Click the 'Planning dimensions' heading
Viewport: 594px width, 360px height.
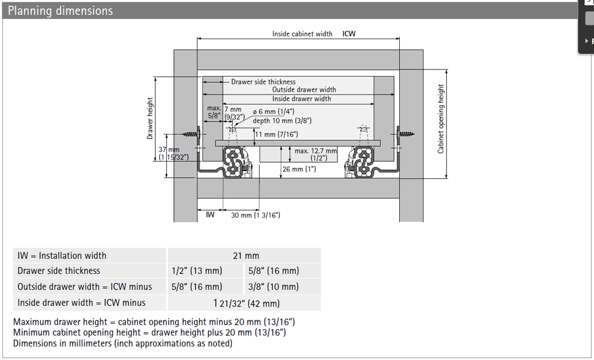[x=61, y=11]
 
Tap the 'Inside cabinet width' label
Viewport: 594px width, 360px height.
[x=302, y=34]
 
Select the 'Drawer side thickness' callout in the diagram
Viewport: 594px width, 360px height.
[x=263, y=82]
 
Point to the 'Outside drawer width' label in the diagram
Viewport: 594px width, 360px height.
[x=304, y=90]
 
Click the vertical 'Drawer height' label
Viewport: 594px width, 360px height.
[x=150, y=118]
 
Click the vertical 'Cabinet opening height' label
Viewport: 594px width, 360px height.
[x=441, y=119]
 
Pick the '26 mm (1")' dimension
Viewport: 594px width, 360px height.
[x=299, y=169]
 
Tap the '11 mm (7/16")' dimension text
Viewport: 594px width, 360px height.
[x=277, y=134]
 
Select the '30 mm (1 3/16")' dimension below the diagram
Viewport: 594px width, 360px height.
[x=255, y=215]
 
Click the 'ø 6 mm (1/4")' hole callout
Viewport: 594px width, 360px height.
[x=274, y=112]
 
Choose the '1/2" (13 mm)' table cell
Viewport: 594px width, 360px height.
[x=197, y=271]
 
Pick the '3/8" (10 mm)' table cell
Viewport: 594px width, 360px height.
[x=273, y=286]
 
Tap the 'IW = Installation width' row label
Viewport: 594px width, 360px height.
[x=62, y=255]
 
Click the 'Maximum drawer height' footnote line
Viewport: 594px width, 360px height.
[x=154, y=322]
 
